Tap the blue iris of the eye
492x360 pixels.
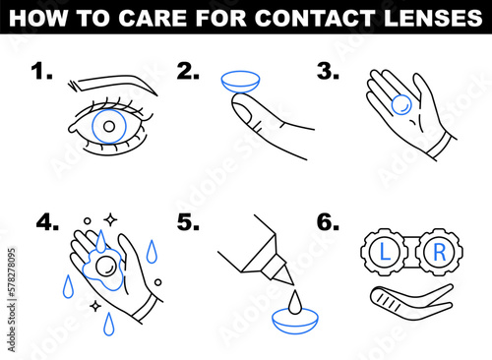tap(109, 126)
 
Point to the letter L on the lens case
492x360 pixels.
tap(387, 252)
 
